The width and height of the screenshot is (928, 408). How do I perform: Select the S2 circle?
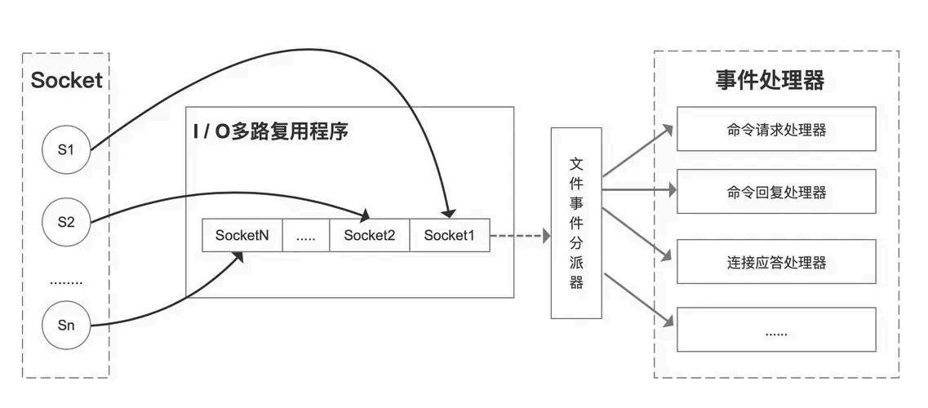tap(67, 220)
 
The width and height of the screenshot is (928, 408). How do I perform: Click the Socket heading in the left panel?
tap(66, 80)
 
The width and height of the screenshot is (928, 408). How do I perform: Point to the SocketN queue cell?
tap(242, 235)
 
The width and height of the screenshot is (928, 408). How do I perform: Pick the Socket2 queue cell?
tap(369, 235)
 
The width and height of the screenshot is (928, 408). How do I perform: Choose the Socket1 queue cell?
tap(449, 235)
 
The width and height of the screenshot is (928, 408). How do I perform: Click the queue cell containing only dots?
tap(306, 235)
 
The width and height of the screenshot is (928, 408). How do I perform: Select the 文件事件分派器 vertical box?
tap(576, 223)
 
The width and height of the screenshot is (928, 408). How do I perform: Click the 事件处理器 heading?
tap(770, 80)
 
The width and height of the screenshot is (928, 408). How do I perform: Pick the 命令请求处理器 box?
tap(776, 129)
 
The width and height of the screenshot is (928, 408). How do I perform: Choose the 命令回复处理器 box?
tap(776, 192)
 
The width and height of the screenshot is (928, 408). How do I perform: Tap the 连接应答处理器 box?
tap(776, 262)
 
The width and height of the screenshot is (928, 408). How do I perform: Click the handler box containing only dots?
tap(776, 330)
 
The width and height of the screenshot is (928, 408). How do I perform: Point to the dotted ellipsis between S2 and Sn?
tap(66, 282)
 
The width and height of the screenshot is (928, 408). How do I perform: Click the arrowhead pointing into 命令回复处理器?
tap(672, 190)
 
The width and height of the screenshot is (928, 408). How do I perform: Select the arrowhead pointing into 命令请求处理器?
tap(668, 130)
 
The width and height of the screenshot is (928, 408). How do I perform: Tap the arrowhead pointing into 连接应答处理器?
tap(668, 255)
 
